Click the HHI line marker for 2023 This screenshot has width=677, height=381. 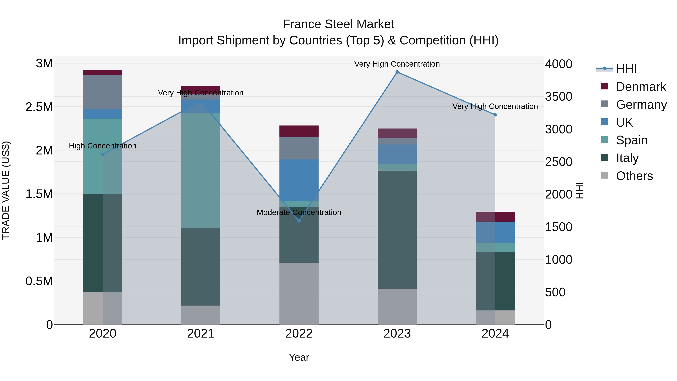pyautogui.click(x=397, y=72)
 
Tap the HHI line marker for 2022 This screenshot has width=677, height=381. pyautogui.click(x=299, y=221)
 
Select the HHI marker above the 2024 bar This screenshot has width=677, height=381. pyautogui.click(x=495, y=115)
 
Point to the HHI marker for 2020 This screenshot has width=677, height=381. pyautogui.click(x=103, y=154)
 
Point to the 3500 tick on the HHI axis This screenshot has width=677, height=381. pyautogui.click(x=559, y=97)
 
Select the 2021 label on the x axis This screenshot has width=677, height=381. pyautogui.click(x=201, y=334)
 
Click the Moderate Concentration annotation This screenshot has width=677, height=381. pyautogui.click(x=299, y=212)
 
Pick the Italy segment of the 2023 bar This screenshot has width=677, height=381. pyautogui.click(x=397, y=230)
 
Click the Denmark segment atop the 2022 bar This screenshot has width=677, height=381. pyautogui.click(x=299, y=131)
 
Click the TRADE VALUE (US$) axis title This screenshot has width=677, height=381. pyautogui.click(x=6, y=190)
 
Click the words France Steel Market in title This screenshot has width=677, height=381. pyautogui.click(x=338, y=24)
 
